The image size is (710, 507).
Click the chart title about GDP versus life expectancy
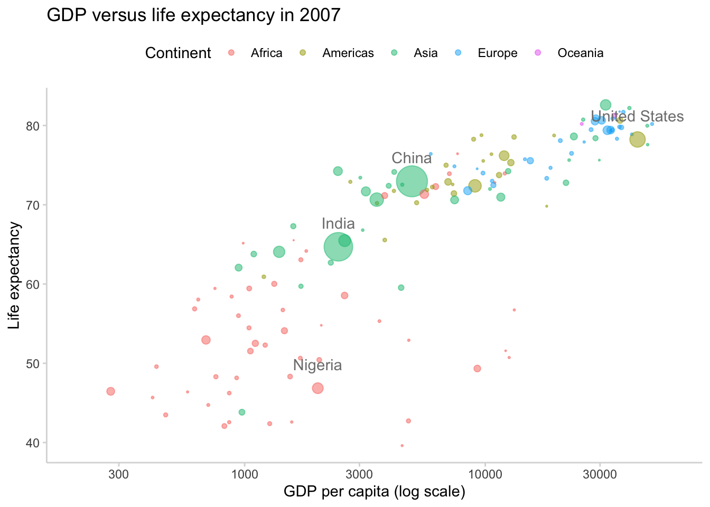click(193, 15)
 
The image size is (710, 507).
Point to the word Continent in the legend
click(178, 53)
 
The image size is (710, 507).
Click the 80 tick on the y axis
click(34, 126)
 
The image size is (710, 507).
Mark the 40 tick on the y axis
click(34, 443)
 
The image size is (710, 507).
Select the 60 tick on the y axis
click(34, 284)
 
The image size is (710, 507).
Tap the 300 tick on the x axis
click(118, 472)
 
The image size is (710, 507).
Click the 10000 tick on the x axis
click(485, 472)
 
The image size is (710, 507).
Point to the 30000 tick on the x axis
click(600, 472)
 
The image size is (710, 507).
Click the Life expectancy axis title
click(15, 275)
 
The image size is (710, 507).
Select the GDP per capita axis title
click(374, 492)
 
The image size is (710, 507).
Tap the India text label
click(338, 223)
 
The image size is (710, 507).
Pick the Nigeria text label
click(317, 365)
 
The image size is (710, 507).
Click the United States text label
click(637, 116)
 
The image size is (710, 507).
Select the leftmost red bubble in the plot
click(110, 391)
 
